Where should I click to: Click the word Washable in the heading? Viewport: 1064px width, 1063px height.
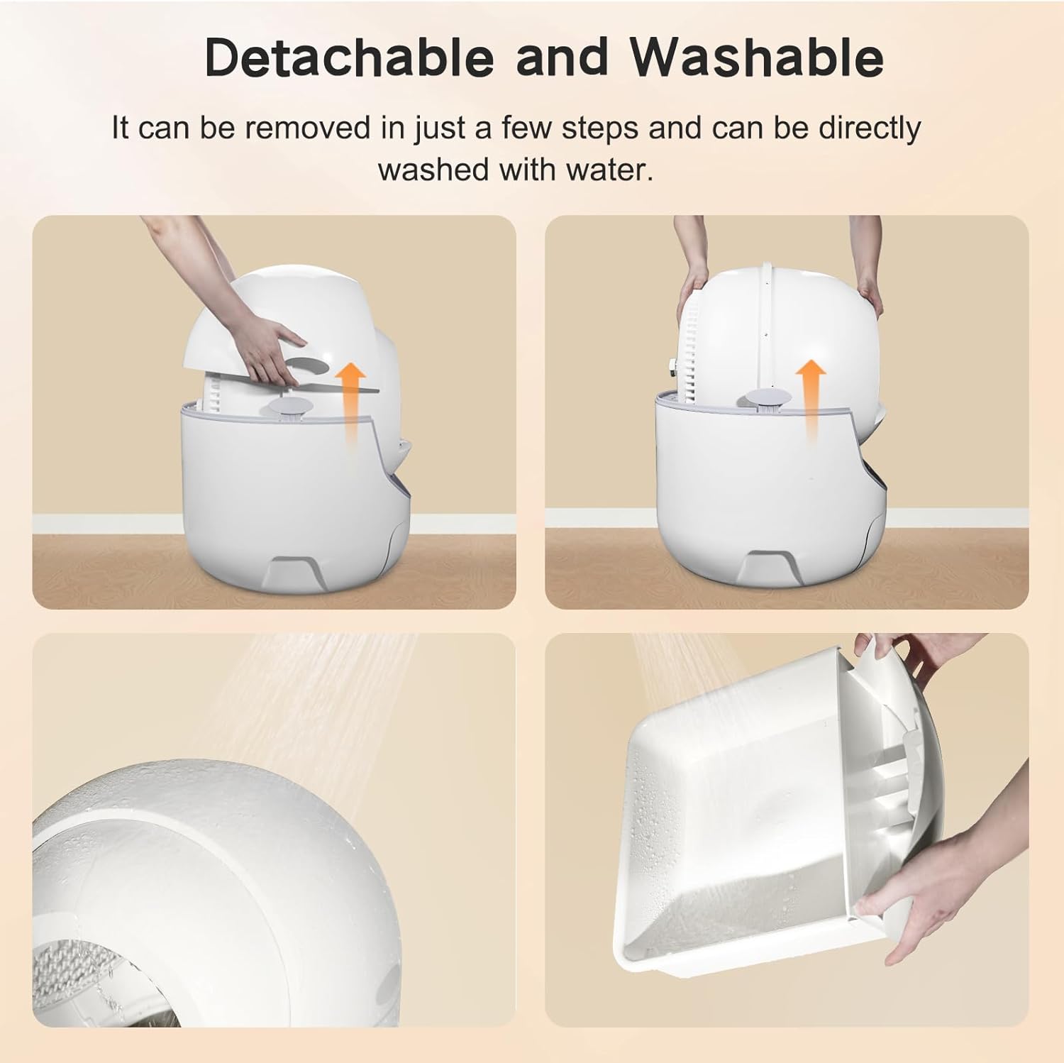tap(760, 56)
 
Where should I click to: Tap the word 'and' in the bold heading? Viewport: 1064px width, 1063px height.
tap(562, 56)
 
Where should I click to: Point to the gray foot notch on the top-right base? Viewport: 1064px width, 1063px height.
tap(772, 563)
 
